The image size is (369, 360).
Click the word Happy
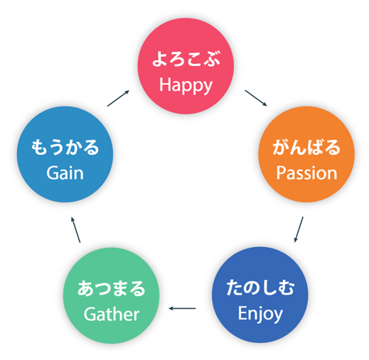pyautogui.click(x=186, y=86)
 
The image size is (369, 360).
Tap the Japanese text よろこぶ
pyautogui.click(x=186, y=58)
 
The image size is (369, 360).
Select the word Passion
pyautogui.click(x=306, y=173)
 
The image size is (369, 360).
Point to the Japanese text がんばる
pyautogui.click(x=306, y=147)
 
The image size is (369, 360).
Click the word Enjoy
pyautogui.click(x=260, y=315)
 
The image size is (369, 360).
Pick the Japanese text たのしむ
pyautogui.click(x=260, y=288)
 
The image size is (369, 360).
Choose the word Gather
pyautogui.click(x=112, y=315)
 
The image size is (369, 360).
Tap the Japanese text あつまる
pyautogui.click(x=111, y=288)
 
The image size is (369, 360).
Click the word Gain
pyautogui.click(x=65, y=173)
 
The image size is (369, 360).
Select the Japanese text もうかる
pyautogui.click(x=65, y=147)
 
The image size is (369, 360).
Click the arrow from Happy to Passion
pyautogui.click(x=256, y=98)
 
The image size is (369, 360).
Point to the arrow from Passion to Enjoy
pyautogui.click(x=299, y=229)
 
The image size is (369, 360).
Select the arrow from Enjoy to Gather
pyautogui.click(x=182, y=308)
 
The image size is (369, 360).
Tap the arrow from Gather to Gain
pyautogui.click(x=76, y=229)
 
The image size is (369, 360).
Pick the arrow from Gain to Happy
pyautogui.click(x=118, y=98)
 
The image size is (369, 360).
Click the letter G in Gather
pyautogui.click(x=90, y=315)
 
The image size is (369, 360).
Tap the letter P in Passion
pyautogui.click(x=281, y=173)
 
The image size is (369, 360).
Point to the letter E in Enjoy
pyautogui.click(x=242, y=312)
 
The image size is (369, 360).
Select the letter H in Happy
pyautogui.click(x=165, y=84)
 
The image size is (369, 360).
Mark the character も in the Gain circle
pyautogui.click(x=39, y=147)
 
